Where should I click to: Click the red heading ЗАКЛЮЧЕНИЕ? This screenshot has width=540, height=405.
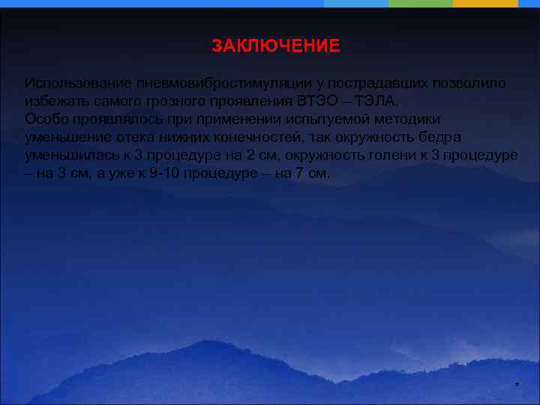click(275, 46)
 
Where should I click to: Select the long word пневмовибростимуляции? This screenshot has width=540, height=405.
click(211, 82)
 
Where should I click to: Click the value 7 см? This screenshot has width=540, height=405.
click(314, 174)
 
